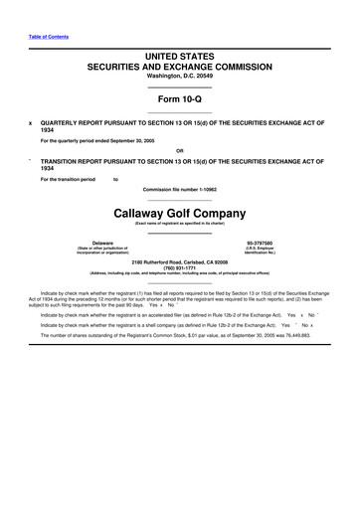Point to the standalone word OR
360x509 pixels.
click(179, 150)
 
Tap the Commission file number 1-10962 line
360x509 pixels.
click(179, 188)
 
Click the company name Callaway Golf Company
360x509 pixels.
click(179, 213)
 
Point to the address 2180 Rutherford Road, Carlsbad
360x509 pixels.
click(179, 261)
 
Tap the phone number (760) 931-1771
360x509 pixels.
click(179, 267)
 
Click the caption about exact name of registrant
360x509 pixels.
click(179, 225)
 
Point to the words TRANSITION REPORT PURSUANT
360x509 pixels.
click(94, 160)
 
